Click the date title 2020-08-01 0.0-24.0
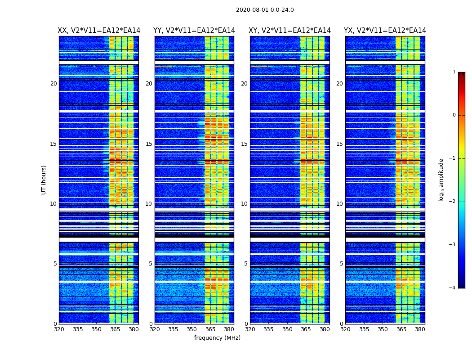pos(265,10)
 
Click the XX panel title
pos(99,31)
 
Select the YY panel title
pos(194,31)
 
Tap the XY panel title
pos(290,31)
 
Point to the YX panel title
pos(385,31)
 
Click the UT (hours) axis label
pos(44,180)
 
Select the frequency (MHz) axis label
pos(217,338)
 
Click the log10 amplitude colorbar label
pos(441,180)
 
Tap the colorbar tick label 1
pos(454,72)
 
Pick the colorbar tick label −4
pos(453,288)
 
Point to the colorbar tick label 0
pos(454,115)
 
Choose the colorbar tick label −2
pos(453,202)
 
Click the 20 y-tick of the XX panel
pos(53,84)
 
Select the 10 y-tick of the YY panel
pos(149,204)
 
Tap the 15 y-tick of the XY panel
pos(244,144)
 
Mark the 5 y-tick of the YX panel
pos(342,264)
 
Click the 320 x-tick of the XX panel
pos(59,329)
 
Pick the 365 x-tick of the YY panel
pos(210,329)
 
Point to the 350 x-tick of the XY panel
pos(287,329)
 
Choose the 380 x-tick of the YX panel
pos(420,329)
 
